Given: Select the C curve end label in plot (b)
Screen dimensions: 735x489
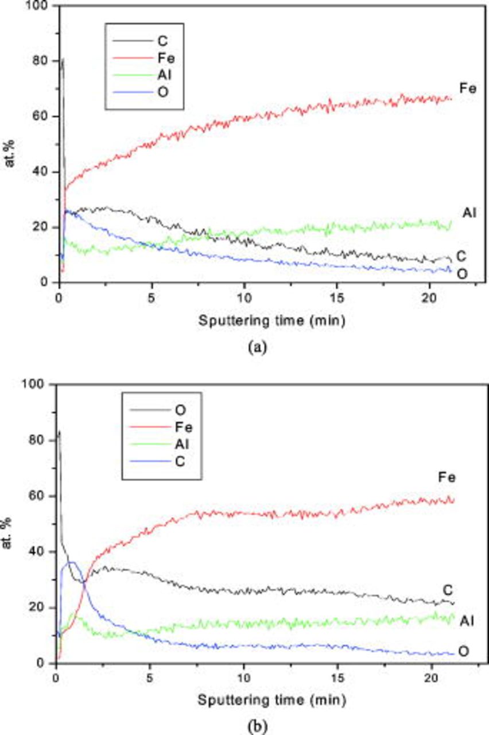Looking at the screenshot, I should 449,590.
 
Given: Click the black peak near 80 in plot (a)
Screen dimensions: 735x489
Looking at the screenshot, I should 62,59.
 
